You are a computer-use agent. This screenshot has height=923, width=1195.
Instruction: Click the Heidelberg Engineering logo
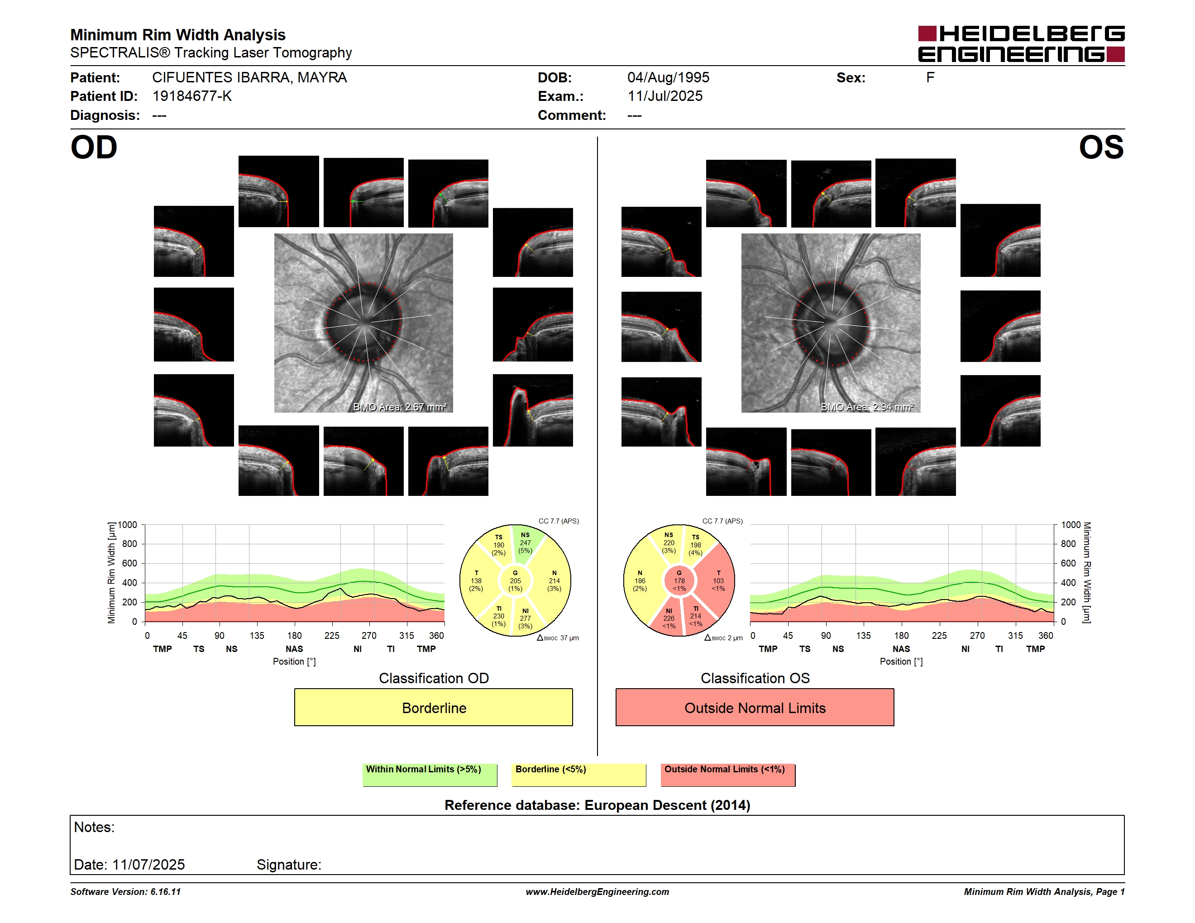point(1021,44)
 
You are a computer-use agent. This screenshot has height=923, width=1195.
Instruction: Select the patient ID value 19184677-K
point(192,96)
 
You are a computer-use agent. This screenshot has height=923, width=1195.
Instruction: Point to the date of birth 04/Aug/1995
point(668,78)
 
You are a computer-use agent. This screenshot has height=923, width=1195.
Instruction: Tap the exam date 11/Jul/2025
point(665,96)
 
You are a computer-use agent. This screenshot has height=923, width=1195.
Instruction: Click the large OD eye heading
point(94,147)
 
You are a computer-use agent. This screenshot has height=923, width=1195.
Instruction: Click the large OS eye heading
point(1101,147)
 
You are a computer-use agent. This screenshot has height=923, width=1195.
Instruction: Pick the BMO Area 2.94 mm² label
point(867,407)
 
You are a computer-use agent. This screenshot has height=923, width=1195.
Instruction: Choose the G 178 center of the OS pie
point(679,580)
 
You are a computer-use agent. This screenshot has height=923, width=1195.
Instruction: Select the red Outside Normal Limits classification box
point(755,708)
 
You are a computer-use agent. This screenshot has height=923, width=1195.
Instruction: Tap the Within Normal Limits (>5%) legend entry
point(430,775)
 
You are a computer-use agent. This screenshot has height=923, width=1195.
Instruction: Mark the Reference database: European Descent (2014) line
point(597,805)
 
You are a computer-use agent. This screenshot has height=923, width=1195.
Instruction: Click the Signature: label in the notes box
point(289,865)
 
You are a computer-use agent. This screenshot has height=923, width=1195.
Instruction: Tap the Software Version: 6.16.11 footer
point(125,892)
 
